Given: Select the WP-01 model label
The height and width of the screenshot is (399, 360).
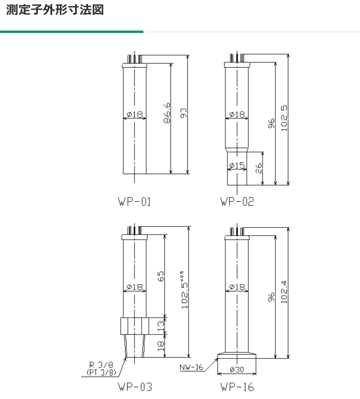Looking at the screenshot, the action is pos(134,202).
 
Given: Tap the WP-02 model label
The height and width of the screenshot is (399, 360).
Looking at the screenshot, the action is pos(237,202).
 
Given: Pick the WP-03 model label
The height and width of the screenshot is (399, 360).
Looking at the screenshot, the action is pos(135,387).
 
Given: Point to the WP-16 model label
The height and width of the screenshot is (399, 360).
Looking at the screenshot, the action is pos(237,387).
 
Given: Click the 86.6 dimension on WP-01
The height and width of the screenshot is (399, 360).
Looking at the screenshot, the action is pos(167,113).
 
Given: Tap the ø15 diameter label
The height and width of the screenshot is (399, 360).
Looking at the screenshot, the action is pos(237,166).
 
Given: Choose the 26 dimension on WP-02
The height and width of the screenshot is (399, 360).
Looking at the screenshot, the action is pos(258,168).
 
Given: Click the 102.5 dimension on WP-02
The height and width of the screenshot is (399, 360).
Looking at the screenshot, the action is pos(284,118).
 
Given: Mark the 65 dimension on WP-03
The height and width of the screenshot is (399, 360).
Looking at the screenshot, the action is pos(161,276).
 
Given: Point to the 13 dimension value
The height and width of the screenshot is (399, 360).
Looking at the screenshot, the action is pos(161,326).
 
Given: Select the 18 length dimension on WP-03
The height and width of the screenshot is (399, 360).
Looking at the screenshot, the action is pos(161,346).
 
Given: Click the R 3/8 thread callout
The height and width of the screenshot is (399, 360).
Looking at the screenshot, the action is pos(101,365).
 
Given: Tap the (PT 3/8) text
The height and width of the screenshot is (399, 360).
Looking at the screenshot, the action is pos(101,372).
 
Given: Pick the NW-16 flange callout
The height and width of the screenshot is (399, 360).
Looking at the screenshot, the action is pos(191,367).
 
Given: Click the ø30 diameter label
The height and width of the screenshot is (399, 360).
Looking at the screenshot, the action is pos(237,369).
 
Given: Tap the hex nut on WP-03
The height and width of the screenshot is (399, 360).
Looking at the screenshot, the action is pos(134,326).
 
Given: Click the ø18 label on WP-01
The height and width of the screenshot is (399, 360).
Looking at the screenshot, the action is pos(134,115).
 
